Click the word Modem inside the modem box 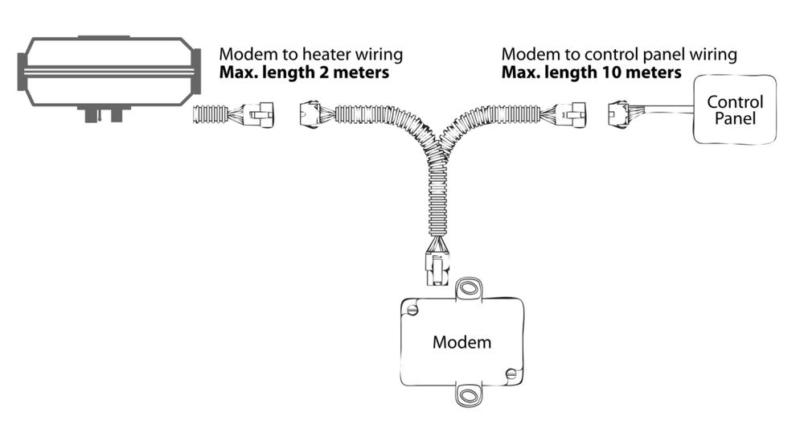pyautogui.click(x=461, y=342)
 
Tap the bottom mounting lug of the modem pyautogui.click(x=468, y=395)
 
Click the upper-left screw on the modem pyautogui.click(x=412, y=309)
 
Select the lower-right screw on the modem pyautogui.click(x=511, y=373)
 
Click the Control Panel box pyautogui.click(x=735, y=109)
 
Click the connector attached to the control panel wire pyautogui.click(x=617, y=114)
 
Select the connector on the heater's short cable pyautogui.click(x=260, y=115)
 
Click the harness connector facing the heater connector pyautogui.click(x=310, y=114)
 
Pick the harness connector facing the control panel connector pyautogui.click(x=572, y=115)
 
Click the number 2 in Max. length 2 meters pyautogui.click(x=324, y=72)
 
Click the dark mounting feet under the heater pyautogui.click(x=104, y=114)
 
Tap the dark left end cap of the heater pyautogui.click(x=22, y=72)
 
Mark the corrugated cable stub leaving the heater pyautogui.click(x=210, y=114)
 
